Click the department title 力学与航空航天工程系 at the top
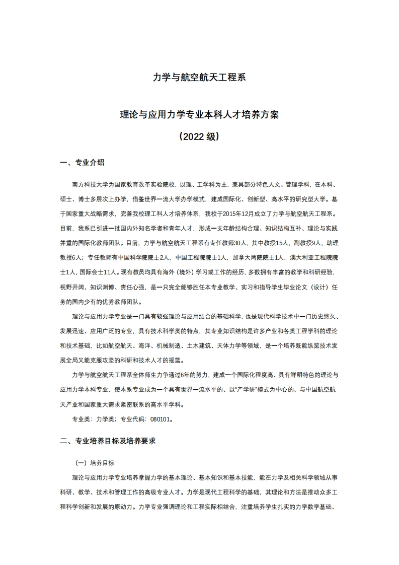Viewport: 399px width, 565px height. pos(199,78)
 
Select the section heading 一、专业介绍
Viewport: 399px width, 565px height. pos(82,162)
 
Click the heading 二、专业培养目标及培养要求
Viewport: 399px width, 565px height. pos(108,441)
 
